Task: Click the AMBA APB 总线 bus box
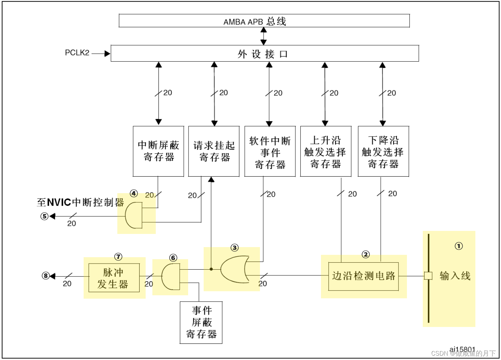tap(264, 21)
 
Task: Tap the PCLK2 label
tap(77, 53)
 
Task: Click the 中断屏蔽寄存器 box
tap(158, 151)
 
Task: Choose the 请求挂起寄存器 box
tap(214, 151)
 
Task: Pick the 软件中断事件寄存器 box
tap(270, 151)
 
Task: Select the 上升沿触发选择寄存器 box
tap(325, 151)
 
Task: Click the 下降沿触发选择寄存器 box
tap(383, 151)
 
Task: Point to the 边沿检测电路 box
tap(363, 276)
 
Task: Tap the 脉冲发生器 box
tap(114, 278)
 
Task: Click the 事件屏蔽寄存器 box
tap(201, 322)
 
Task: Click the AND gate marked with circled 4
tap(134, 215)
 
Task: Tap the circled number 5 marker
tap(45, 216)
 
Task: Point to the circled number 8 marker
tap(46, 276)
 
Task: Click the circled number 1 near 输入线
tap(459, 246)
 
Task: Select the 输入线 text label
tap(455, 276)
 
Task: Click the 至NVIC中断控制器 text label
tap(80, 202)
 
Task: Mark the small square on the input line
tap(428, 276)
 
